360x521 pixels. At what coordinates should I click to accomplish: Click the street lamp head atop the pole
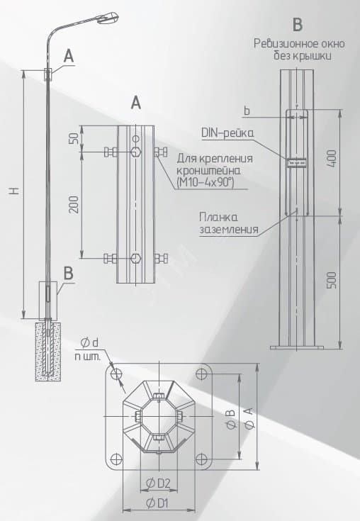(108, 17)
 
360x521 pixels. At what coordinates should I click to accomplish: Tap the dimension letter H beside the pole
(15, 191)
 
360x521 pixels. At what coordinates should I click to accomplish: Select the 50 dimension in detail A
(74, 138)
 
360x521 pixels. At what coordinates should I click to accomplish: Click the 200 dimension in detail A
(74, 204)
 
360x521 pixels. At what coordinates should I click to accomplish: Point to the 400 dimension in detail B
(332, 159)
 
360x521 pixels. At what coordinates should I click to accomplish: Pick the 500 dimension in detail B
(332, 280)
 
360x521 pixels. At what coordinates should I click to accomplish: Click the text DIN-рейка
(227, 133)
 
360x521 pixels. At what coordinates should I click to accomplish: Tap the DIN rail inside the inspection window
(296, 162)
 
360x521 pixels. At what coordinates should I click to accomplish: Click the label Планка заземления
(228, 223)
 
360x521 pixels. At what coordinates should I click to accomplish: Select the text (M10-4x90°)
(206, 182)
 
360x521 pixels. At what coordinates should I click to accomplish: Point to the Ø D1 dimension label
(157, 503)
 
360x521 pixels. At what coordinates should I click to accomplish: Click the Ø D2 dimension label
(158, 483)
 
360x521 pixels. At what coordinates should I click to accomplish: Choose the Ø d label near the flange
(89, 342)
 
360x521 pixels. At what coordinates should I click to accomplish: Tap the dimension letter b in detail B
(247, 111)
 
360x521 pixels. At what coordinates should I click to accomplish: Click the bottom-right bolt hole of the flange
(201, 459)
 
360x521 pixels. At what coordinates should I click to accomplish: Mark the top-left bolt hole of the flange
(116, 374)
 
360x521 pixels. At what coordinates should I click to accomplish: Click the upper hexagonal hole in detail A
(135, 152)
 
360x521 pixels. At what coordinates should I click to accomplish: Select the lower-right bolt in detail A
(161, 258)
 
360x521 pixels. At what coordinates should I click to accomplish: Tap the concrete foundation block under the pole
(48, 351)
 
